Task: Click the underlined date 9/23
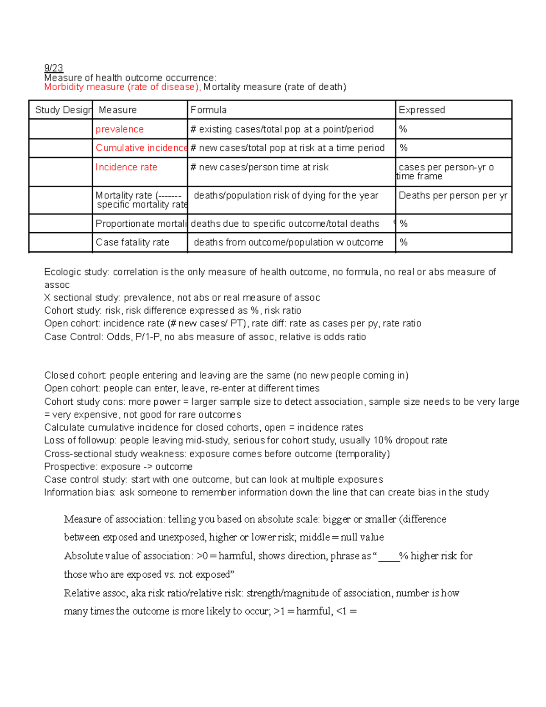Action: pos(53,68)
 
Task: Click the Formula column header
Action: pos(208,110)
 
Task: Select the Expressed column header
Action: pos(421,110)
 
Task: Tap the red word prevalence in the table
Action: pos(120,129)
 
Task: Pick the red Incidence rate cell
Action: pos(126,167)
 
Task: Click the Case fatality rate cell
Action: pos(132,243)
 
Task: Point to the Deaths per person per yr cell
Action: pos(453,196)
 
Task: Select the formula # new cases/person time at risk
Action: pos(259,167)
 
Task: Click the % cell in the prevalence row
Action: pos(403,129)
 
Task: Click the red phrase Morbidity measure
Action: pos(84,87)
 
